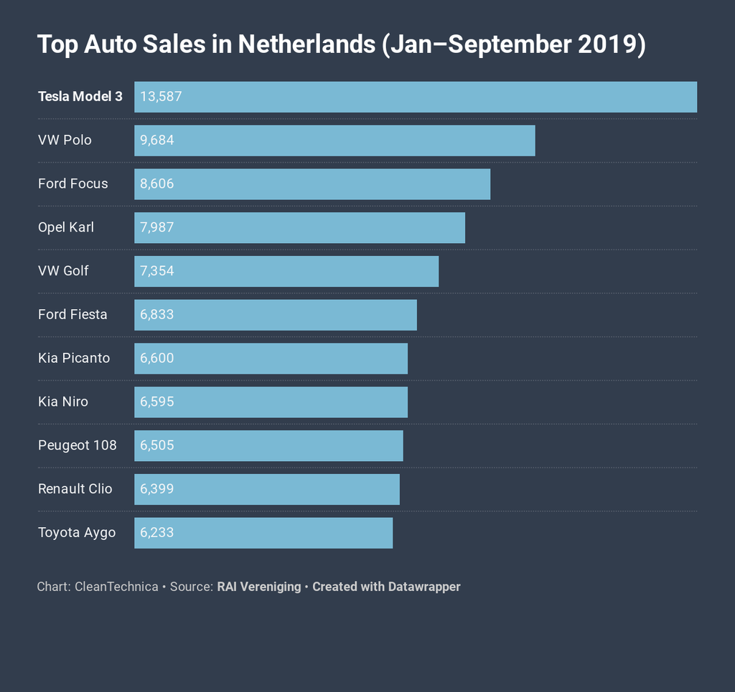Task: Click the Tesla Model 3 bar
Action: (416, 97)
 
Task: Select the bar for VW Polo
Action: (334, 141)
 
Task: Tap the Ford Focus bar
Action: (312, 184)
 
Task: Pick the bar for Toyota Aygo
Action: (263, 533)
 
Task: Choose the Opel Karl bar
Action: (299, 228)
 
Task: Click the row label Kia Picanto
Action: (74, 358)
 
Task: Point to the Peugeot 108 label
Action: (78, 445)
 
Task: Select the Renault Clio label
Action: (75, 489)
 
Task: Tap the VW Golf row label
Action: (63, 271)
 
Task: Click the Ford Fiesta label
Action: (72, 315)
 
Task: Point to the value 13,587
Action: (161, 97)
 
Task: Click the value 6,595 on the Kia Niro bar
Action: (157, 402)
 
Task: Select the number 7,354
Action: (157, 271)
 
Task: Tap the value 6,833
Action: (157, 315)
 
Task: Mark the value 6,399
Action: (157, 489)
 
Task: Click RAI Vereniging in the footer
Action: (259, 587)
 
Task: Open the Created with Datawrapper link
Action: (386, 587)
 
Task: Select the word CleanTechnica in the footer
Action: (116, 587)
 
